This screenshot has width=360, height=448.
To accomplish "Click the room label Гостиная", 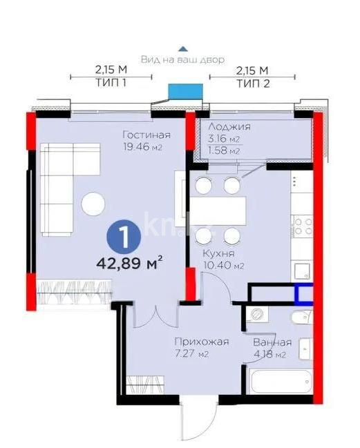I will click(146, 135).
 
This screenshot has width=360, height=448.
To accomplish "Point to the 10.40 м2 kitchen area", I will click(223, 265).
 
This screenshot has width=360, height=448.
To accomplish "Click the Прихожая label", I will click(201, 342).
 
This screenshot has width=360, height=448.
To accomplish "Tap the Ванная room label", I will click(272, 342).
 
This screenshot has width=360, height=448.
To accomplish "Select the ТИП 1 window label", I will click(111, 81).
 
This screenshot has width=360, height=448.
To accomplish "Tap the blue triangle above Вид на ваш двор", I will click(182, 49).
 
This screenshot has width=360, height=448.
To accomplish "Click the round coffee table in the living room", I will click(93, 203).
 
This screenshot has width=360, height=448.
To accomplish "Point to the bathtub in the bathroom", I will click(279, 382).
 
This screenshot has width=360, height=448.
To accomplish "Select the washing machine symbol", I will click(257, 314).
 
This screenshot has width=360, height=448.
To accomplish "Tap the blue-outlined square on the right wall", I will click(304, 294).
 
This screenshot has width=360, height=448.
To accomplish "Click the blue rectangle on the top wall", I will click(187, 91).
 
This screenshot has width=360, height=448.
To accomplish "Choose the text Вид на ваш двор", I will click(182, 60).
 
